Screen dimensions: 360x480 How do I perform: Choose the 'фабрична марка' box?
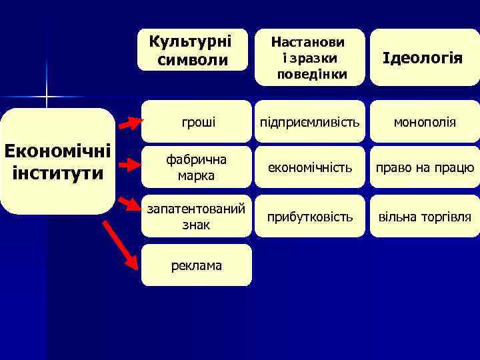[x=196, y=168]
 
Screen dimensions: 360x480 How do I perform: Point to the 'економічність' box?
[x=310, y=168]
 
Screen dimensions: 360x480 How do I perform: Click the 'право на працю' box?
[x=425, y=168]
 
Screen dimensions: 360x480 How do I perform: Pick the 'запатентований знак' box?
[x=196, y=217]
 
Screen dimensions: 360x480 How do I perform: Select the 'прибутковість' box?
[x=310, y=217]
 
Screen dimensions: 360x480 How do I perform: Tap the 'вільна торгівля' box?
[x=425, y=217]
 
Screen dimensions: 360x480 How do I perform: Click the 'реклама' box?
[x=196, y=265]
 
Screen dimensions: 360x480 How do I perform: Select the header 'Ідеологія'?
[x=425, y=58]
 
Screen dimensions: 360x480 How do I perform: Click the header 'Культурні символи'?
[x=192, y=50]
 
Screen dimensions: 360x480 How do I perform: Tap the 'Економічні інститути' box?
[x=57, y=161]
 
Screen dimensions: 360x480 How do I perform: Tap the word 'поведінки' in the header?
[x=311, y=73]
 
